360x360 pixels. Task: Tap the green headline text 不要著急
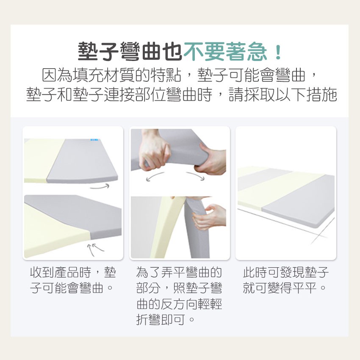tap(225, 52)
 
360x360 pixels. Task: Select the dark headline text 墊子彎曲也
tap(130, 52)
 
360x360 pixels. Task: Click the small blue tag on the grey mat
tap(94, 139)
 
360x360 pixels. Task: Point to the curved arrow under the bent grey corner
tap(100, 187)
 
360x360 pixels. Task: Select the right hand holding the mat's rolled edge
tap(211, 160)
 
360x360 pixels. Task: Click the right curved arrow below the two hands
tap(195, 176)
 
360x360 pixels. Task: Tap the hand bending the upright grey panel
tap(209, 216)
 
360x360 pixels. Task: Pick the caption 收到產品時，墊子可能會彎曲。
tap(73, 280)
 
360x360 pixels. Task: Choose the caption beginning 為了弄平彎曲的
tap(179, 296)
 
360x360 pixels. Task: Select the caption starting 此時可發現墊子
tap(285, 280)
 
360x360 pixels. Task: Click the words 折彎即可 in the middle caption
tap(161, 319)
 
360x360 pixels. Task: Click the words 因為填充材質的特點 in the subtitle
tap(111, 75)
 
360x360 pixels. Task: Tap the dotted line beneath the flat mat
tap(282, 223)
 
